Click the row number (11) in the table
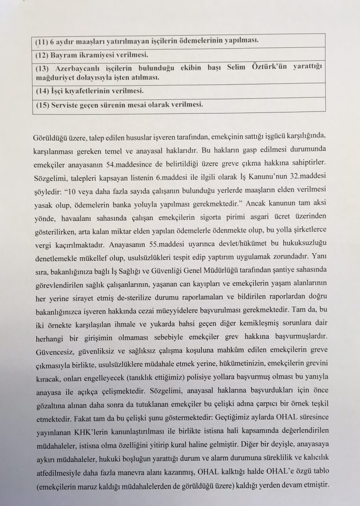(x=43, y=40)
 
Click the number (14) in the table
(x=43, y=91)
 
